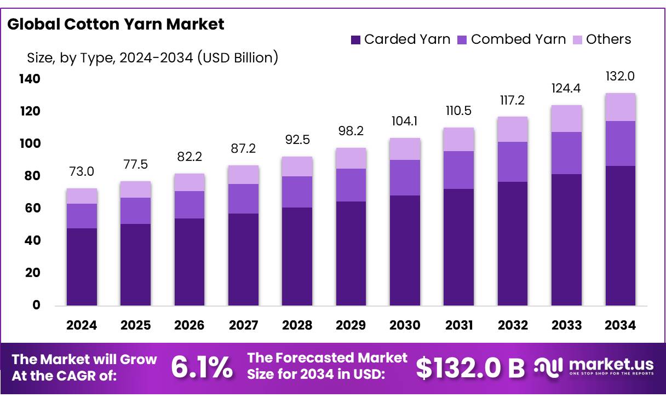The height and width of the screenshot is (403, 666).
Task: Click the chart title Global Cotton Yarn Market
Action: (116, 24)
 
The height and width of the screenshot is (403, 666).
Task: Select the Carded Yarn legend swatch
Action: (355, 39)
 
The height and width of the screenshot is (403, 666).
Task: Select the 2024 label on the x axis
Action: (82, 325)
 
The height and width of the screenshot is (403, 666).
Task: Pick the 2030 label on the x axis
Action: (405, 325)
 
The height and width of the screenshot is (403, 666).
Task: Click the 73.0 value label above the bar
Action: (82, 171)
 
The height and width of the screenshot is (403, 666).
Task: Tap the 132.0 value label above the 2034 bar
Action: (620, 76)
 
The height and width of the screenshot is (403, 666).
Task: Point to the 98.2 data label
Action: (351, 131)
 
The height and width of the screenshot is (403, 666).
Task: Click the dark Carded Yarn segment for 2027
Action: (243, 259)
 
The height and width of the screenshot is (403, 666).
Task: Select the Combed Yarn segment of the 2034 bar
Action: (620, 143)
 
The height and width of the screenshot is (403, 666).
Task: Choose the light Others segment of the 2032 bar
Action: (513, 129)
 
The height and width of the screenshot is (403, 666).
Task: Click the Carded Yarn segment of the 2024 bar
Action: (82, 267)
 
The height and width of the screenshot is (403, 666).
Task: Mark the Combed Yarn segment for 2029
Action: (351, 185)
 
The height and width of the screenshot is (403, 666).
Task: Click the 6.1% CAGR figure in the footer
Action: (202, 367)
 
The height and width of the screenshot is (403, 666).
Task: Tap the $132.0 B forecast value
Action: (470, 368)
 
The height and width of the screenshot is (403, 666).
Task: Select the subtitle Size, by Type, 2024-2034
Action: (152, 57)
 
